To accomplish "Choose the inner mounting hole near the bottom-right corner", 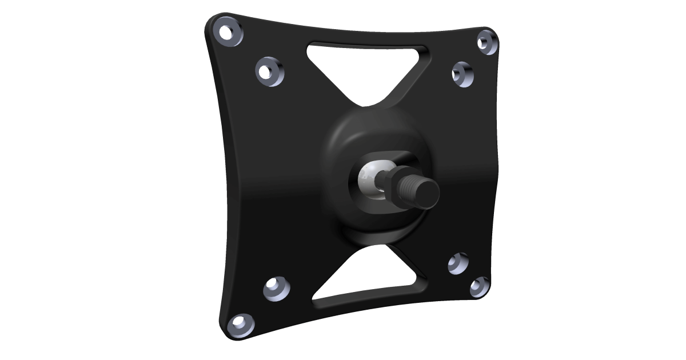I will (457, 263).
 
